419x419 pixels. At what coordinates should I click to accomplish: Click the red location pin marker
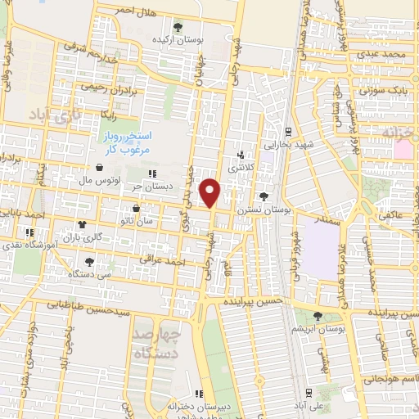[x=210, y=191]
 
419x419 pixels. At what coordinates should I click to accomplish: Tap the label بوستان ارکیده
[x=178, y=38]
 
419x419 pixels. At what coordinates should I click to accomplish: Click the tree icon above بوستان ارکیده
[x=178, y=27]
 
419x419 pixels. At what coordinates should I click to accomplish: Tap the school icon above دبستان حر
[x=152, y=173]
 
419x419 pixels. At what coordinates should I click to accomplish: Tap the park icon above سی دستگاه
[x=89, y=262]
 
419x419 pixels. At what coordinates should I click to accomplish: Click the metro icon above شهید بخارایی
[x=288, y=131]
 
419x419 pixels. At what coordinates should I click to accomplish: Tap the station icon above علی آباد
[x=310, y=393]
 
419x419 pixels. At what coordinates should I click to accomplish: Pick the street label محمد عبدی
[x=388, y=54]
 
